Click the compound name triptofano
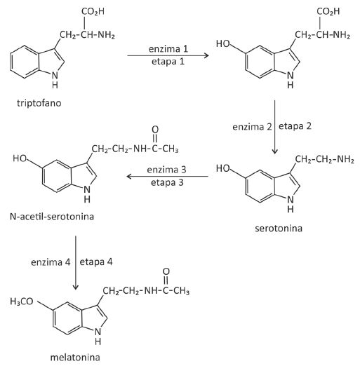(39, 103)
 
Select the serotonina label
(279, 228)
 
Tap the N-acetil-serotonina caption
(52, 217)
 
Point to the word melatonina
(75, 357)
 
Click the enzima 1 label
(168, 49)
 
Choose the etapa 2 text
(295, 126)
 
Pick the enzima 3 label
(166, 170)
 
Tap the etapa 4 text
(96, 262)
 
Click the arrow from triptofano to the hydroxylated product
(168, 55)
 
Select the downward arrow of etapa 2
(274, 127)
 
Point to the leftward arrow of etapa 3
(168, 176)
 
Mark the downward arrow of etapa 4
(76, 263)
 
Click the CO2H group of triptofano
(93, 12)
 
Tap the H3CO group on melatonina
(22, 301)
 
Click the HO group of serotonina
(223, 168)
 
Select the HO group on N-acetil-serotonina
(20, 158)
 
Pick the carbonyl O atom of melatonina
(166, 271)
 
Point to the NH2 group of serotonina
(345, 159)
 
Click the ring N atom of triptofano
(55, 75)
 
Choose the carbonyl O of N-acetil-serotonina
(155, 129)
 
